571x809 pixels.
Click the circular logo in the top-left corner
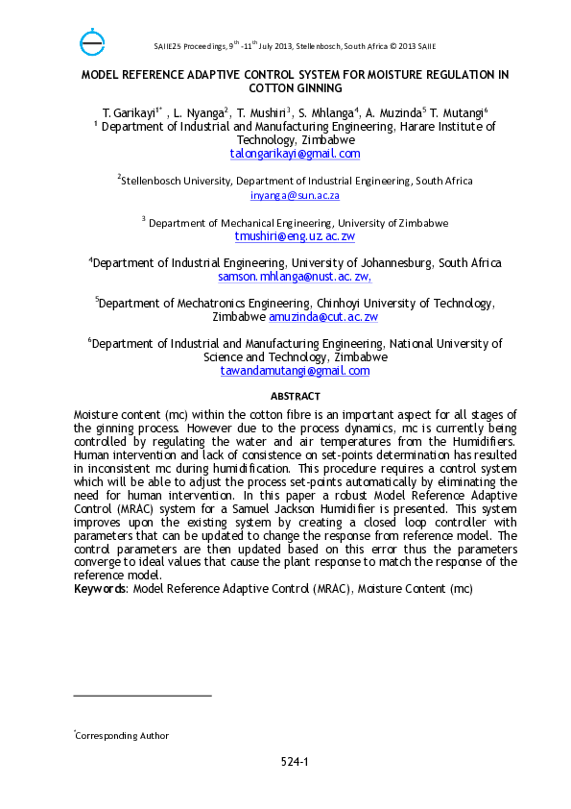pyautogui.click(x=92, y=42)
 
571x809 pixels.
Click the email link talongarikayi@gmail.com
pyautogui.click(x=295, y=154)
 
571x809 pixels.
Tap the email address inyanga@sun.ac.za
pyautogui.click(x=295, y=195)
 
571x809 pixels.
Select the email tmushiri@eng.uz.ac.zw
pyautogui.click(x=295, y=236)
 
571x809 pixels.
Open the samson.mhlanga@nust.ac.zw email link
pyautogui.click(x=295, y=277)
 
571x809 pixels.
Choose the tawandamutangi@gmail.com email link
pyautogui.click(x=295, y=371)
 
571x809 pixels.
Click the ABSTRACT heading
pyautogui.click(x=295, y=396)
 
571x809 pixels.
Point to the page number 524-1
pyautogui.click(x=295, y=762)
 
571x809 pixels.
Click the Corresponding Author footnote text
pyautogui.click(x=122, y=736)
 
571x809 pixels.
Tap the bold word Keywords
pyautogui.click(x=100, y=587)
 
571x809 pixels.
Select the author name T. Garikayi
pyautogui.click(x=128, y=112)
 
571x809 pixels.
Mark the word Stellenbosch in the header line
pyautogui.click(x=362, y=45)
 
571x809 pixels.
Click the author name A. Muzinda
pyautogui.click(x=395, y=112)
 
